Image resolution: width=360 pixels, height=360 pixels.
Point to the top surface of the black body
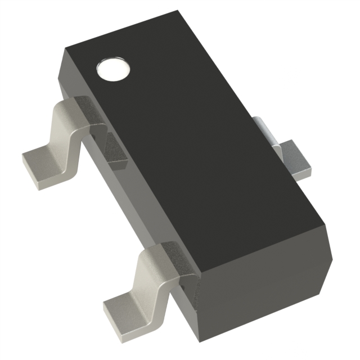186,141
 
